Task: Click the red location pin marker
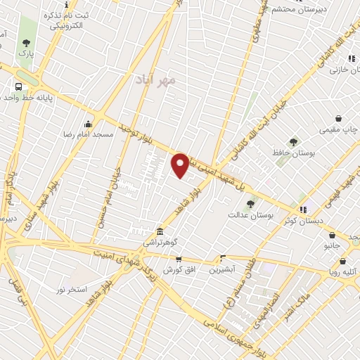click(x=180, y=165)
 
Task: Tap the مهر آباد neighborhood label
click(x=157, y=80)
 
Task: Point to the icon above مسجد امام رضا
click(x=89, y=124)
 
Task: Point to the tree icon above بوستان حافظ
click(x=293, y=141)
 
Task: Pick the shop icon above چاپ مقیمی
click(x=339, y=119)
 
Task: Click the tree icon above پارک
click(x=26, y=43)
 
